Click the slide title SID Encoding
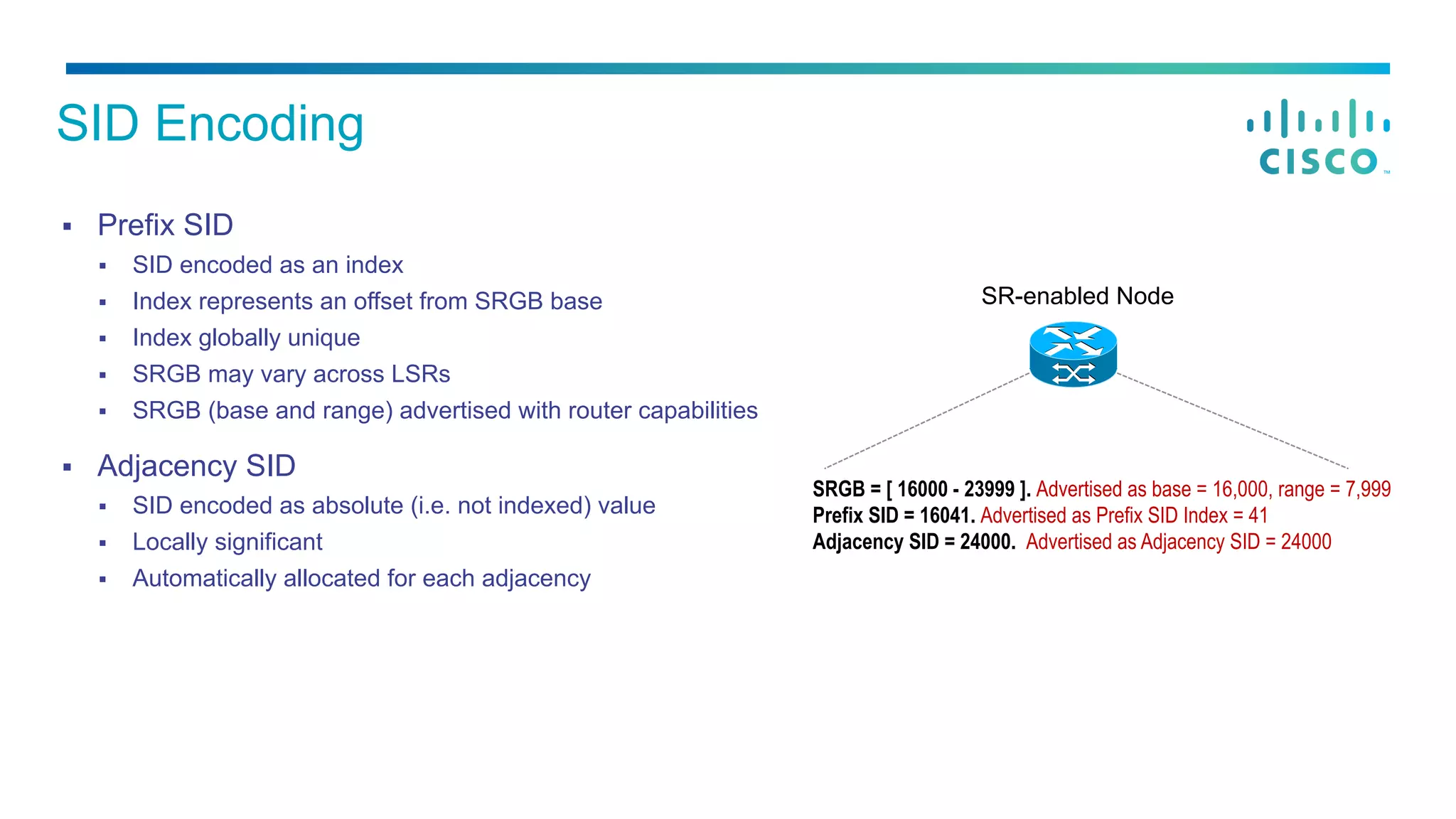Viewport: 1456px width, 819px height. (210, 124)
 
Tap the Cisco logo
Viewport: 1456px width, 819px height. (1319, 137)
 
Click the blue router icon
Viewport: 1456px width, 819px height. (1073, 354)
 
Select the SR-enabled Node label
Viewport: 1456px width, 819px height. (1077, 296)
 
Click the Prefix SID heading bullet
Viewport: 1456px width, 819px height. (165, 225)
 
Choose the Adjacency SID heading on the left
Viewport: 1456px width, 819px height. (196, 466)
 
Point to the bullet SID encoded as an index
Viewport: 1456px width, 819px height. (267, 265)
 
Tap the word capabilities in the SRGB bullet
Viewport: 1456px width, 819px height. (697, 411)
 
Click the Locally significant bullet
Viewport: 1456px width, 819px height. (227, 542)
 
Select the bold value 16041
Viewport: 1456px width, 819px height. (945, 515)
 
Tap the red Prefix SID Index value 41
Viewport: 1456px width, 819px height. (1258, 515)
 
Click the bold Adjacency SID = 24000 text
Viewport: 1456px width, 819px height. (914, 542)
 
